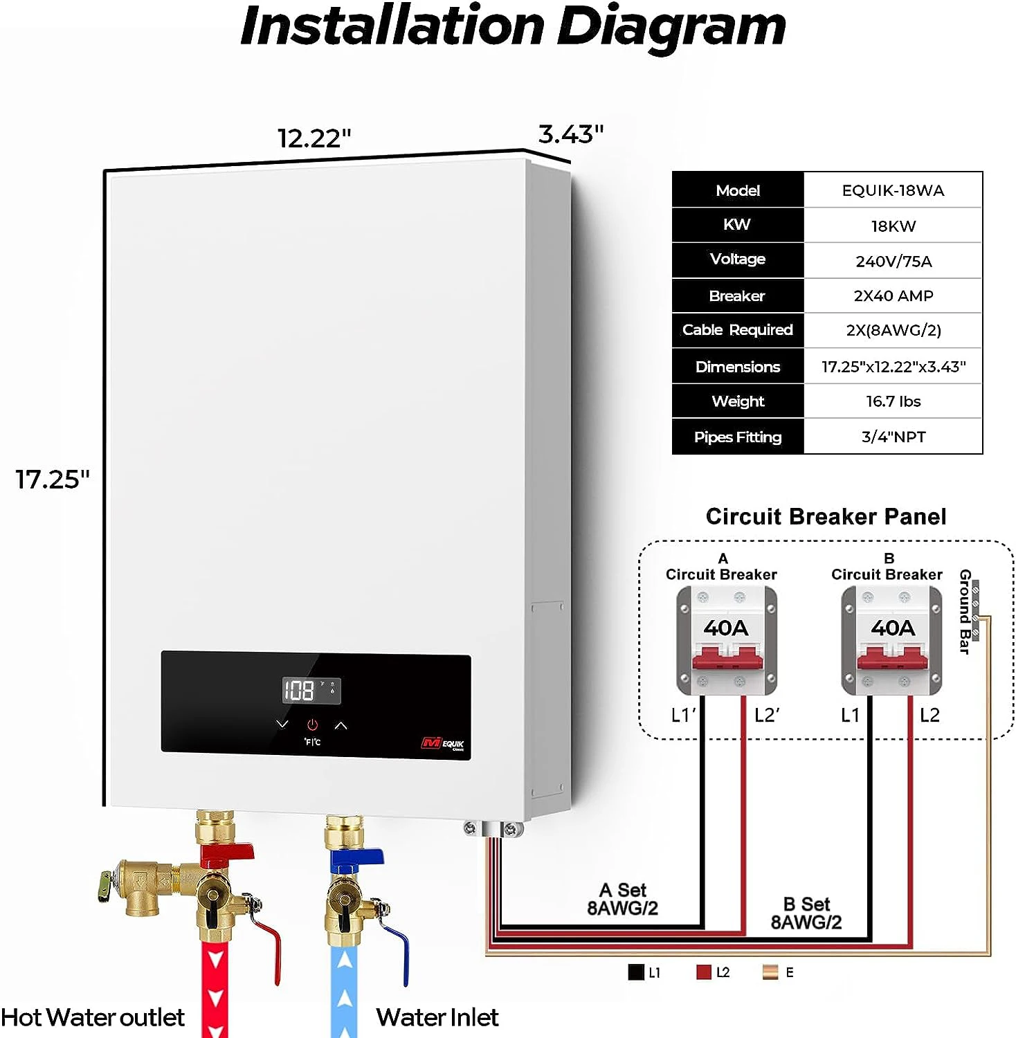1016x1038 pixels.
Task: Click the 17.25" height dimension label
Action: pyautogui.click(x=53, y=479)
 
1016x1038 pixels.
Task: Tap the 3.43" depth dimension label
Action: pyautogui.click(x=571, y=134)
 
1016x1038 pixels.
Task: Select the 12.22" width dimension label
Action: pyautogui.click(x=314, y=138)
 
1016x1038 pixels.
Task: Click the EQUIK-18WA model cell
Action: pyautogui.click(x=893, y=190)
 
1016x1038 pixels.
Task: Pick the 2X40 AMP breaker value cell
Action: pyautogui.click(x=893, y=295)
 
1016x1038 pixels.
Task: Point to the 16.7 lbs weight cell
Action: pyautogui.click(x=893, y=401)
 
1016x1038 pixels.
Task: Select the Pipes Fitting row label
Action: pyautogui.click(x=738, y=437)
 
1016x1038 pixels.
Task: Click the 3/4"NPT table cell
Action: pyautogui.click(x=893, y=437)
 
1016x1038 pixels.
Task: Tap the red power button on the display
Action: pyautogui.click(x=312, y=725)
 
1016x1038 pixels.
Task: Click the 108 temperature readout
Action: pyautogui.click(x=299, y=690)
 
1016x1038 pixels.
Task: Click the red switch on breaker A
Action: pyautogui.click(x=727, y=657)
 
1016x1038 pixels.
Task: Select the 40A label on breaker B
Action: pyautogui.click(x=893, y=628)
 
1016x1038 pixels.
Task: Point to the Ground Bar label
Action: pyautogui.click(x=964, y=611)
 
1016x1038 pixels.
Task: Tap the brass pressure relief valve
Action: pyautogui.click(x=138, y=882)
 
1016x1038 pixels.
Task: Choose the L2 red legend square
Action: pyautogui.click(x=703, y=972)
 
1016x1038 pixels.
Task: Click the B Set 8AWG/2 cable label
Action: pyautogui.click(x=806, y=913)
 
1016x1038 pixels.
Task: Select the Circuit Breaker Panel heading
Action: pyautogui.click(x=826, y=517)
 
